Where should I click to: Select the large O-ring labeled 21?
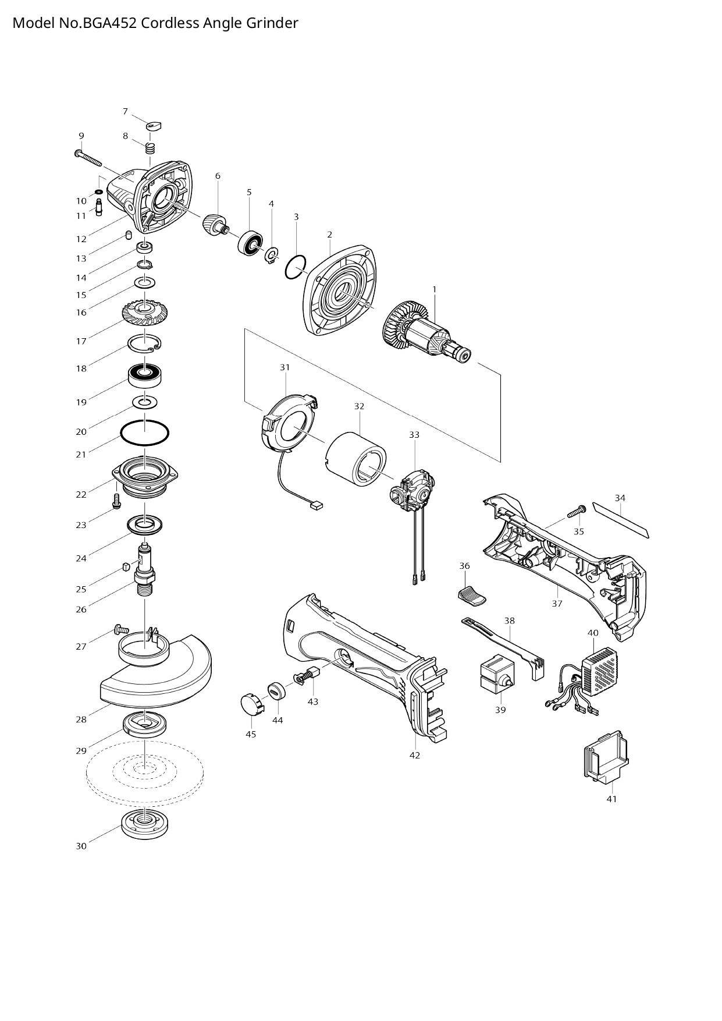tap(145, 433)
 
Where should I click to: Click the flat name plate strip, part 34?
tap(620, 519)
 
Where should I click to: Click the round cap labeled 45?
tap(252, 705)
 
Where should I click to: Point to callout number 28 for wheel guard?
tap(81, 719)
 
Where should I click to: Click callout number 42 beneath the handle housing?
tap(414, 756)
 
